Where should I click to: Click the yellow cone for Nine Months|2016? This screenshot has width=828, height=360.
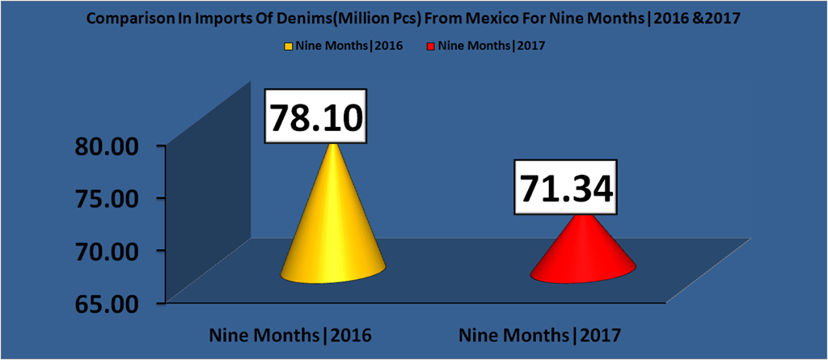point(332,235)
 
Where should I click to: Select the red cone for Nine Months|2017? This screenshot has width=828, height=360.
point(582,257)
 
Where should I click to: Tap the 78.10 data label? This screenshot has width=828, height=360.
point(316,118)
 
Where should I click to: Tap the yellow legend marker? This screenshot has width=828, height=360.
point(289,45)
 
